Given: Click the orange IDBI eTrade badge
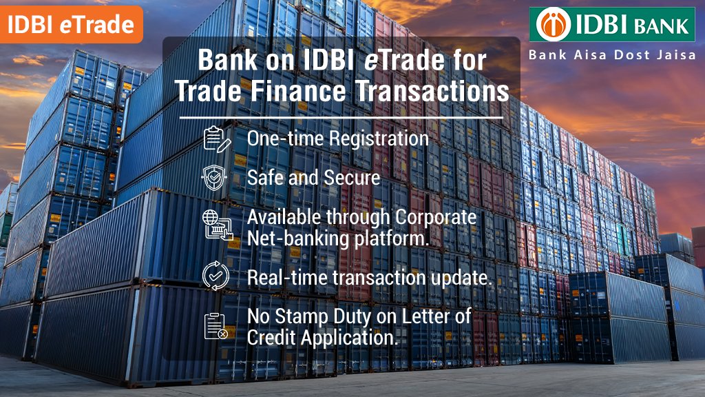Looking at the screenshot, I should point(70,24).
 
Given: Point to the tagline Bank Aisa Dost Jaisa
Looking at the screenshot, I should point(612,55).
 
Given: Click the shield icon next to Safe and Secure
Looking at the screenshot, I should point(215,178).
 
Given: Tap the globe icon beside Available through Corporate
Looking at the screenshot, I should point(215,225).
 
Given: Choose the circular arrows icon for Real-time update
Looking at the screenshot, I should point(215,277).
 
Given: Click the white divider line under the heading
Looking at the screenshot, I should point(341,117).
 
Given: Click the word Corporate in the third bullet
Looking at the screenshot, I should point(436,216).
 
